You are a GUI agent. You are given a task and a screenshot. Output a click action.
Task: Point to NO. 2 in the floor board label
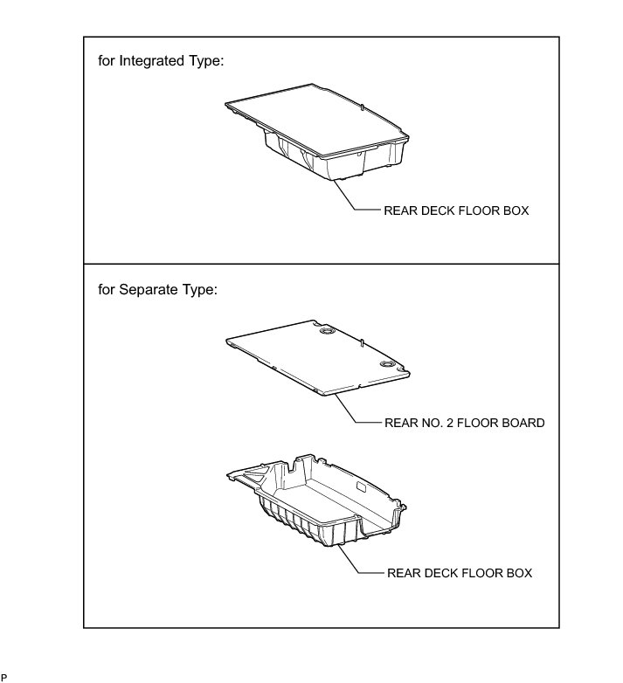click(434, 423)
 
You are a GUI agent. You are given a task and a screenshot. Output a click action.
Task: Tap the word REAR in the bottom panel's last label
click(401, 573)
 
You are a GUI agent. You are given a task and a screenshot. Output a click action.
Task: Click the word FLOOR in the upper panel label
click(481, 210)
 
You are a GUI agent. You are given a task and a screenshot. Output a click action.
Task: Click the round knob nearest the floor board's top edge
click(329, 333)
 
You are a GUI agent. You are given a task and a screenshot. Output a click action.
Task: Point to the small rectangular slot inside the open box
click(361, 485)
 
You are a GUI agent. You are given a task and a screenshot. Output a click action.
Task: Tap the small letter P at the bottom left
click(3, 677)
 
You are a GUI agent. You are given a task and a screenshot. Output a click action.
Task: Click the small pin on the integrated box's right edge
click(362, 107)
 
